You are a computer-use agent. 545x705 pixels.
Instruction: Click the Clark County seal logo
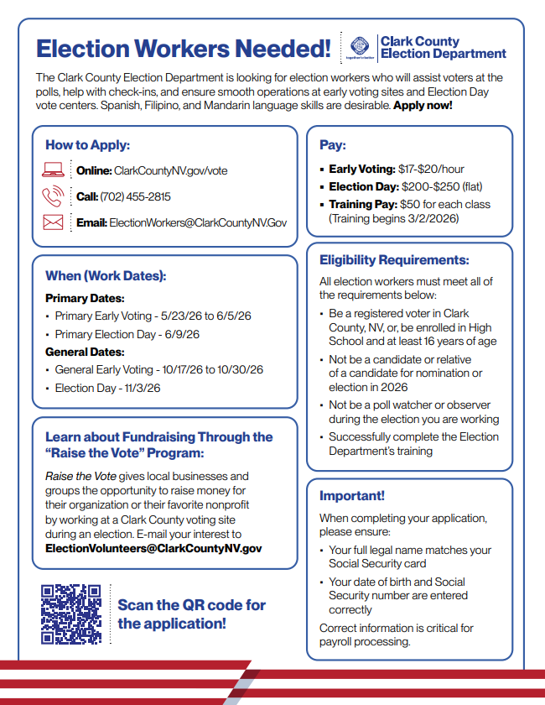(x=361, y=47)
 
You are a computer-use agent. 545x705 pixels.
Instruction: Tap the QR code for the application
(x=71, y=614)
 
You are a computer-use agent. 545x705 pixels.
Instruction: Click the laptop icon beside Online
(x=53, y=170)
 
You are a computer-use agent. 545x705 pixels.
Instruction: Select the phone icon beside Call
(x=53, y=196)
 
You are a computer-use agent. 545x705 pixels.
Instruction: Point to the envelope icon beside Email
(x=53, y=222)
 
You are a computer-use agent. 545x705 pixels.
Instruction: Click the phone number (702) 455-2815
(x=135, y=196)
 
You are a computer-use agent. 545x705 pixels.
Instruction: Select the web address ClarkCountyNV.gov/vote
(x=170, y=170)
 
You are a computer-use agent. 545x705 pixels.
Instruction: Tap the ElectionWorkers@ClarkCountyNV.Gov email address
(x=198, y=222)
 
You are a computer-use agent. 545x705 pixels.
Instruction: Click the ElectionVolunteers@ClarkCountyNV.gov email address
(x=153, y=548)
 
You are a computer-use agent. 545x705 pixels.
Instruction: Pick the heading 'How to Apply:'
(x=87, y=145)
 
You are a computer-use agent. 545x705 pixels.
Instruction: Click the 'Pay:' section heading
(x=332, y=145)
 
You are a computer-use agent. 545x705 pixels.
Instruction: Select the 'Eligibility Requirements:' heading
(x=394, y=261)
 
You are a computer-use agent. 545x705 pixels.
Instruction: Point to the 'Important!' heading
(x=352, y=496)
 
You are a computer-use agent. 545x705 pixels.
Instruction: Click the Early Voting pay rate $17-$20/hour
(x=431, y=169)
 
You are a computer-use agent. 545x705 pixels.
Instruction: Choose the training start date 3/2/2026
(x=432, y=218)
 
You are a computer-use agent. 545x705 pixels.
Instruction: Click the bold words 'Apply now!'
(x=423, y=106)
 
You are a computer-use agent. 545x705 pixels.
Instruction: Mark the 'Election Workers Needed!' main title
(x=183, y=49)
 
